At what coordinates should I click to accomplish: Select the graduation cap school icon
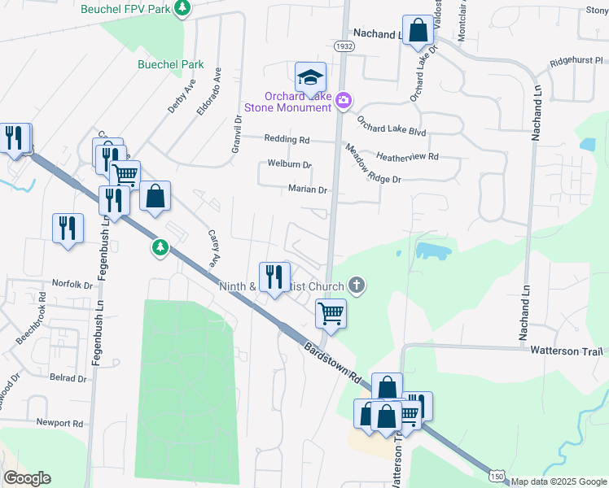(310, 77)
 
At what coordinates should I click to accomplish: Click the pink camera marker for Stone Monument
(344, 99)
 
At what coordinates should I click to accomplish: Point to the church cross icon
(355, 285)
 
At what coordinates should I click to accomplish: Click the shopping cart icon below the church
(331, 312)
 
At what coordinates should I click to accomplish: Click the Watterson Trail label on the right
(566, 351)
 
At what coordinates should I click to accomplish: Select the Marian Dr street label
(308, 190)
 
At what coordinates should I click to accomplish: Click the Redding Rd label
(287, 140)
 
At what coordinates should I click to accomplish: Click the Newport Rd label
(59, 423)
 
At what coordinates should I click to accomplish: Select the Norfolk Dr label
(73, 285)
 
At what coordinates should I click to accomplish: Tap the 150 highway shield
(497, 476)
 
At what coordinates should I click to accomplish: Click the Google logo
(27, 478)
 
